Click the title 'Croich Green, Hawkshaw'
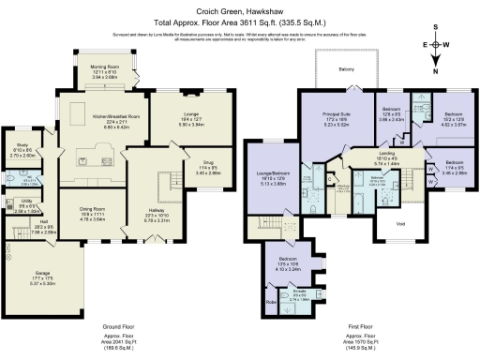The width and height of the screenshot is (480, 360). tap(240, 7)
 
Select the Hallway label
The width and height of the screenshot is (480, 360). tap(156, 214)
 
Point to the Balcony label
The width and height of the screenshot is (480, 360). tap(347, 68)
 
